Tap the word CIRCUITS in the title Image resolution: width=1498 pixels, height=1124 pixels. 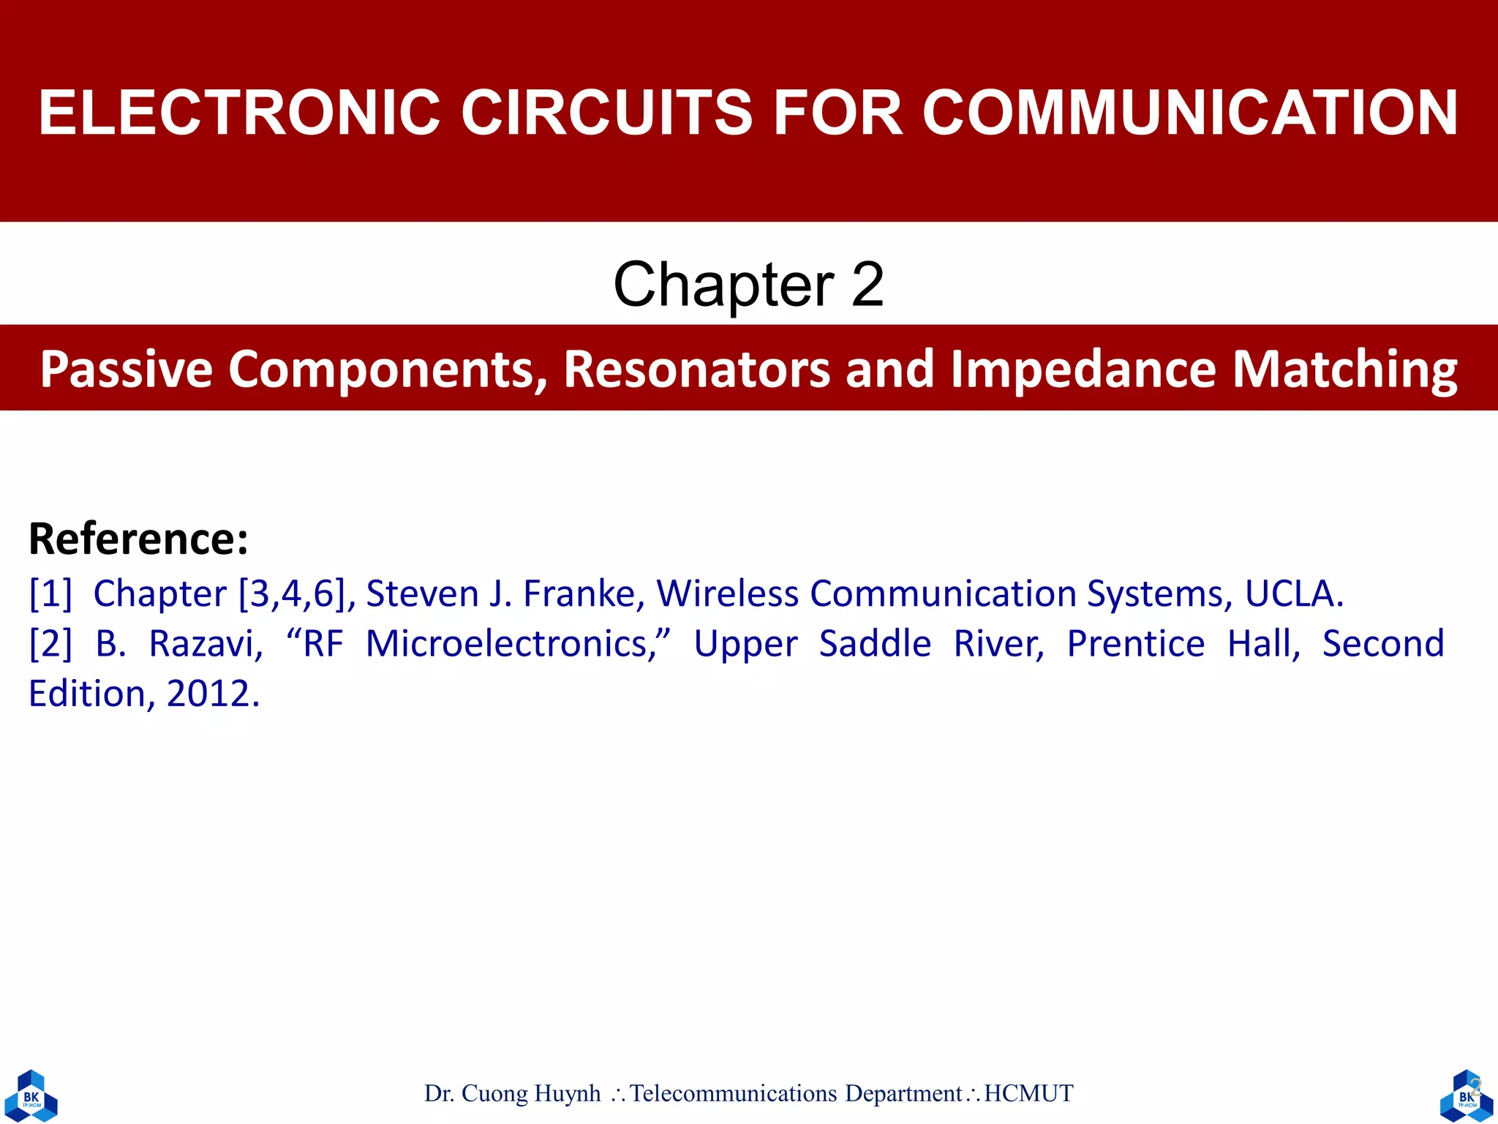[x=606, y=113]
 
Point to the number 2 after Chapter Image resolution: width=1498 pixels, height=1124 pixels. [x=867, y=285]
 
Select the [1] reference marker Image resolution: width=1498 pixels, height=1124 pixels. [x=50, y=593]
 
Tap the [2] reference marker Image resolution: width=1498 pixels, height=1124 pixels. [x=50, y=644]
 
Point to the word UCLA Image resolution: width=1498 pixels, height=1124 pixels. [x=1293, y=593]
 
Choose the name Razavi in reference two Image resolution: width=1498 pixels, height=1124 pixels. [x=206, y=644]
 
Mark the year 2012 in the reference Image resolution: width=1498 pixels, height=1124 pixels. [x=213, y=694]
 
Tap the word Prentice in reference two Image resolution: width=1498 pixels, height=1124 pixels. [x=1135, y=644]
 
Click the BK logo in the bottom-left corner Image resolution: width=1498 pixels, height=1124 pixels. [x=31, y=1095]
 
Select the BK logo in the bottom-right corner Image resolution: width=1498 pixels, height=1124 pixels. [x=1466, y=1095]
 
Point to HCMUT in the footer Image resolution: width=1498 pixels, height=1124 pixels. [x=1028, y=1093]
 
